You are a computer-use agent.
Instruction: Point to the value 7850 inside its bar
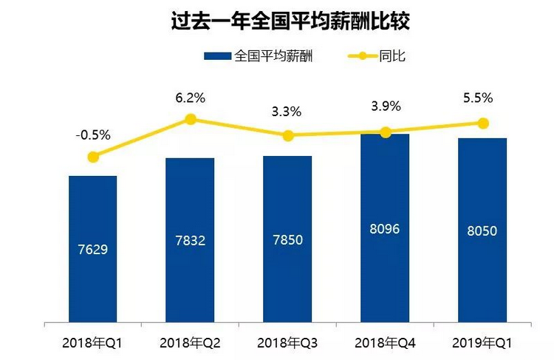click(x=287, y=240)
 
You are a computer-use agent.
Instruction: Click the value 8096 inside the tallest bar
click(x=384, y=228)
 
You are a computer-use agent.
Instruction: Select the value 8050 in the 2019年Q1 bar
click(x=482, y=231)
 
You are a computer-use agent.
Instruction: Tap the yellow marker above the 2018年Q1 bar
click(x=93, y=157)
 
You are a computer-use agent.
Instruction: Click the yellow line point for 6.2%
click(x=190, y=119)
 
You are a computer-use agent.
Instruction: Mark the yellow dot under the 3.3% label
click(x=287, y=135)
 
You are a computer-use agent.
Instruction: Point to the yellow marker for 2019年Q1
click(x=482, y=123)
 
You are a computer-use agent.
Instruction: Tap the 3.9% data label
click(x=384, y=106)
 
